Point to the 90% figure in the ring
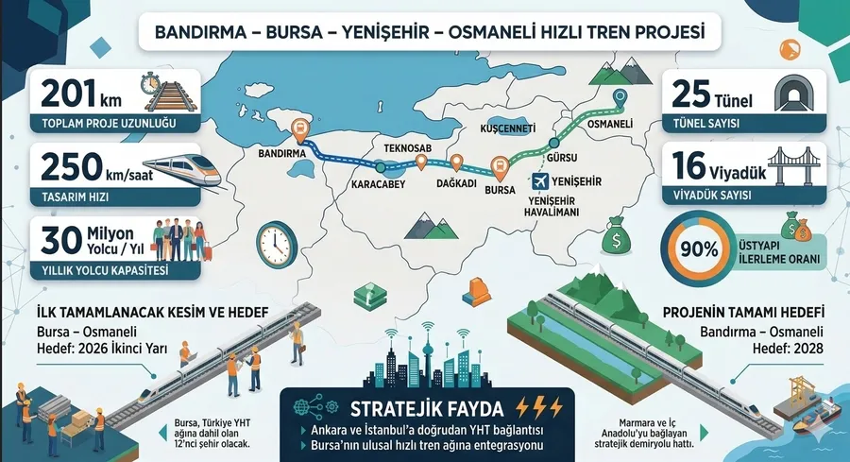[x=696, y=249]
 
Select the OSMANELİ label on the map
[x=610, y=124]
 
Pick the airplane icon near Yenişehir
[x=542, y=180]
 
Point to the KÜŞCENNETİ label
[x=508, y=128]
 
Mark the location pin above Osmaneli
[x=620, y=97]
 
